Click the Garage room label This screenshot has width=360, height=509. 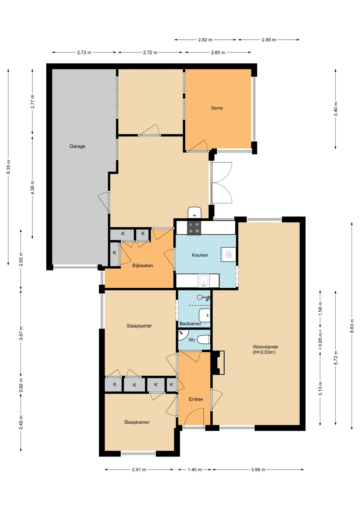77,146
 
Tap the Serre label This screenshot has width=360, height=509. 217,108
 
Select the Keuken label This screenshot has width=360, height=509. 200,255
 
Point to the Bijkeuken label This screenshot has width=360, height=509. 143,265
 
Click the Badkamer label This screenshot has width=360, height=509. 190,323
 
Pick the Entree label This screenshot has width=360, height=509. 196,399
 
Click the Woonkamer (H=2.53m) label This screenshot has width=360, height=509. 265,349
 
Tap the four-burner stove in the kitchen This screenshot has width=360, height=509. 194,228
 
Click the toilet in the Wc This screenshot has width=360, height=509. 204,339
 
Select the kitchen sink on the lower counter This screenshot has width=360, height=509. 204,281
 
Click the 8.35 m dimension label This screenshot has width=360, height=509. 8,167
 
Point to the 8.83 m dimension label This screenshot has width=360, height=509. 352,326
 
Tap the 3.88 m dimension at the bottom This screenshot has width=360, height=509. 258,469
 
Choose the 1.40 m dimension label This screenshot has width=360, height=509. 195,469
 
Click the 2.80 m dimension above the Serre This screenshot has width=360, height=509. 218,52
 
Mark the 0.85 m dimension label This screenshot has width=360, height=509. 320,340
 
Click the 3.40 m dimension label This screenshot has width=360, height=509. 336,109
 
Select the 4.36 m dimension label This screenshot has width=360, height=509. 32,187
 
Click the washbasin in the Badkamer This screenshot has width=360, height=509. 205,315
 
